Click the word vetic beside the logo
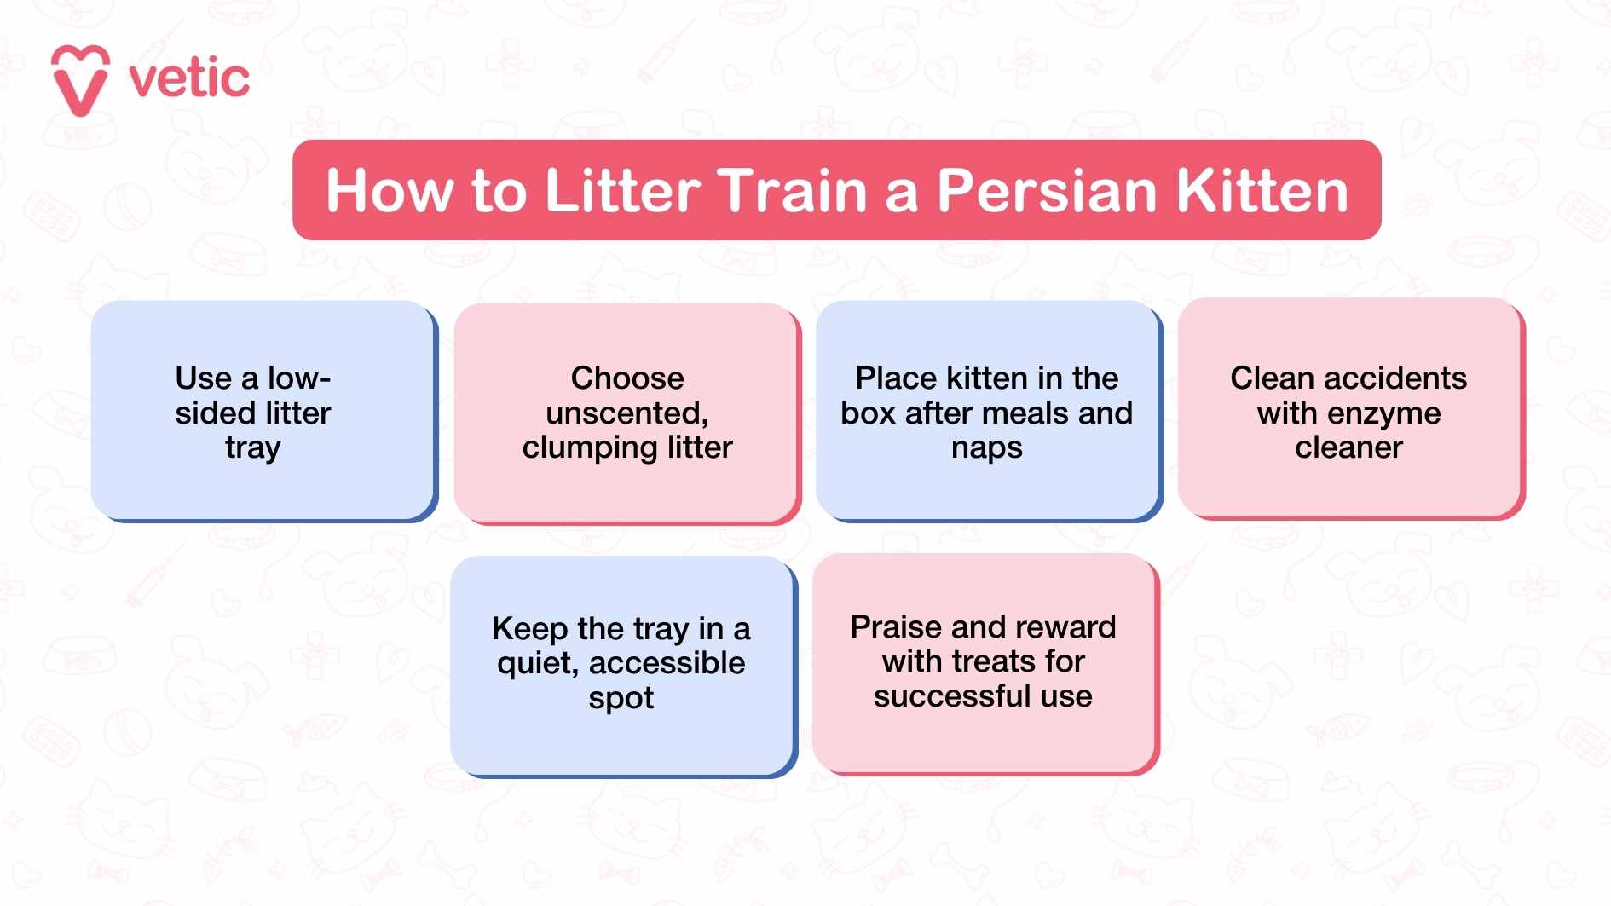coord(189,79)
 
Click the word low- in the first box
coord(299,378)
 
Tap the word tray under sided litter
coord(252,448)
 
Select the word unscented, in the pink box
coord(627,413)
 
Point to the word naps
coord(986,448)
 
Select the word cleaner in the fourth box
coord(1348,447)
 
